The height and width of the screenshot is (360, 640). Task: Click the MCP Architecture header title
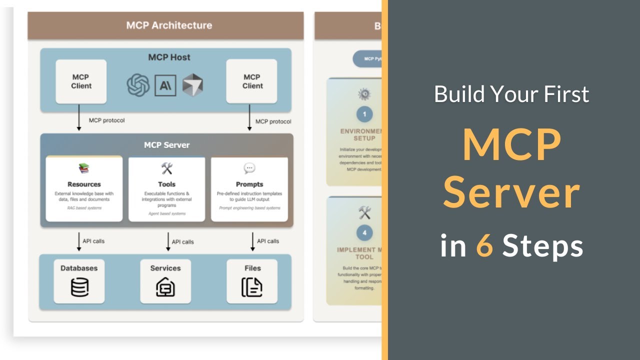point(169,25)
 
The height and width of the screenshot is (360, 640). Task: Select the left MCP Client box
point(81,81)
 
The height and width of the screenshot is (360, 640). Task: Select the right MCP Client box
point(252,81)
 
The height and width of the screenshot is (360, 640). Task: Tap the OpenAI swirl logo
point(138,85)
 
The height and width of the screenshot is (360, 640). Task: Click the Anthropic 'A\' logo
point(165,85)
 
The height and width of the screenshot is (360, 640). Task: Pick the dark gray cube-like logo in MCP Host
point(192,85)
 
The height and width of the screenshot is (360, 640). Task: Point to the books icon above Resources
point(83,168)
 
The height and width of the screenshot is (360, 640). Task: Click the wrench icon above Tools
point(166,168)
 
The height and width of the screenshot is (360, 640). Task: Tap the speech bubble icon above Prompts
point(249,168)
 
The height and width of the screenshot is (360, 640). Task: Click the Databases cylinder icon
point(79,287)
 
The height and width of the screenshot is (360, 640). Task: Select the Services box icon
point(165,287)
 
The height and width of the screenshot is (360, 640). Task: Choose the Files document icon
point(252,287)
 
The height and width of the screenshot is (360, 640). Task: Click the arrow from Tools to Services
point(168,241)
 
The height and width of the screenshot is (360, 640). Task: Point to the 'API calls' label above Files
point(268,241)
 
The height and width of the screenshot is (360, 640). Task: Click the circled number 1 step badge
point(364,114)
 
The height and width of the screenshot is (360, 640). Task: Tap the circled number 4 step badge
point(364,232)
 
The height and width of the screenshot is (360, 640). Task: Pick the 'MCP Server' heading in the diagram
point(166,145)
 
